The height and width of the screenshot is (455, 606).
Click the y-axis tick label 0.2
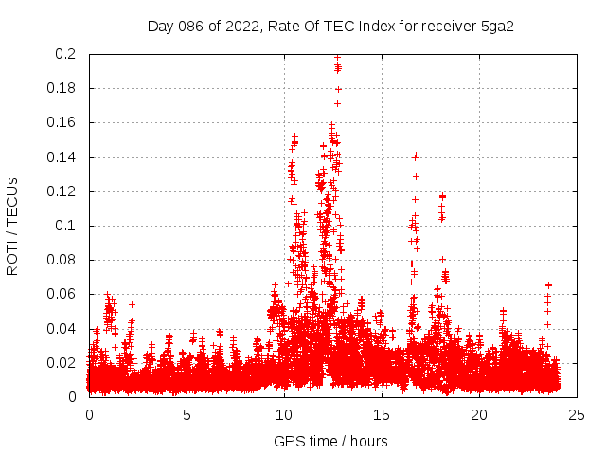point(66,54)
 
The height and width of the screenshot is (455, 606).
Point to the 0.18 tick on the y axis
point(62,88)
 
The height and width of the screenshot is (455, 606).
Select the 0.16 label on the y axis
point(62,122)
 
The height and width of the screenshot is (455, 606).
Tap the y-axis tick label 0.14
point(62,156)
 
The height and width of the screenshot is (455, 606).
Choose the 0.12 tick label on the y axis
point(62,191)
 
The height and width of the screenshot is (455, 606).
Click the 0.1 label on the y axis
point(66,226)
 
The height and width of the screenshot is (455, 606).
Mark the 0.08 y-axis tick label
point(62,260)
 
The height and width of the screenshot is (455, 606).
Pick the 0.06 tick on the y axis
point(62,294)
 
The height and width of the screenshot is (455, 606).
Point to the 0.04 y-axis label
point(62,328)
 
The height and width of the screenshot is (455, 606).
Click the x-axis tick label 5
point(187,414)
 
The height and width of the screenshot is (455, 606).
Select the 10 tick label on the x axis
point(284,414)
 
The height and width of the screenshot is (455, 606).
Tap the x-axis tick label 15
point(382,414)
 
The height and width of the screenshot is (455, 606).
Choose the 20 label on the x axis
point(479,414)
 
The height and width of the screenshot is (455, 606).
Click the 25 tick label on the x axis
point(577,414)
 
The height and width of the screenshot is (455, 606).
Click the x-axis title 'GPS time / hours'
point(331,441)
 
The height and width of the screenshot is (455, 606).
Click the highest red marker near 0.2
point(337,58)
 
